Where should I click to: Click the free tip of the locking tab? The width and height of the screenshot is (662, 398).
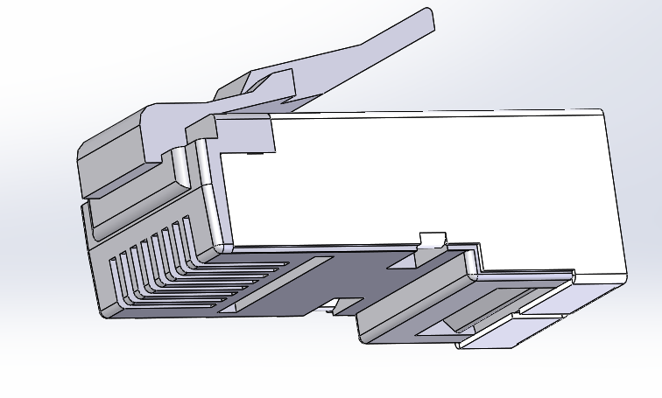[x=428, y=18]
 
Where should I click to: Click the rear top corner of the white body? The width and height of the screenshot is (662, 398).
[x=602, y=113]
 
